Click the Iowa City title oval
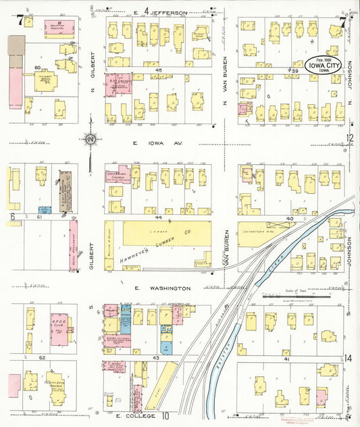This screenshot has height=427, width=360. click(331, 65)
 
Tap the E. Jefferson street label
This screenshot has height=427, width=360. click(159, 11)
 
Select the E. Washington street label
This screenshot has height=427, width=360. click(158, 288)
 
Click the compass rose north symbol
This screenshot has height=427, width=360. click(89, 140)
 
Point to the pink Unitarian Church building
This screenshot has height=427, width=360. click(117, 175)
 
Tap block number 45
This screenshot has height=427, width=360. click(159, 70)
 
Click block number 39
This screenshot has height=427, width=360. click(293, 70)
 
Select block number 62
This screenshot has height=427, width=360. click(43, 357)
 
